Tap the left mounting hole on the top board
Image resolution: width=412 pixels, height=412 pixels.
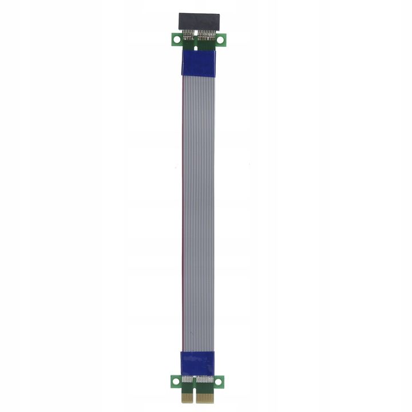coord(176,40)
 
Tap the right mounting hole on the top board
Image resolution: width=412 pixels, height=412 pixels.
coord(220,40)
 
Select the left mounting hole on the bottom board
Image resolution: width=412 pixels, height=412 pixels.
coord(175,380)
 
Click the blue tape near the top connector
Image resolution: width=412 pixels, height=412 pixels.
coord(198,63)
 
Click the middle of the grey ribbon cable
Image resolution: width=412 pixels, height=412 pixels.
coord(198,212)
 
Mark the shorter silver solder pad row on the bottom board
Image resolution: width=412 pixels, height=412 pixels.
coord(187,378)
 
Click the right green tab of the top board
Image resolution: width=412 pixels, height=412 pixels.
coord(220,42)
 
